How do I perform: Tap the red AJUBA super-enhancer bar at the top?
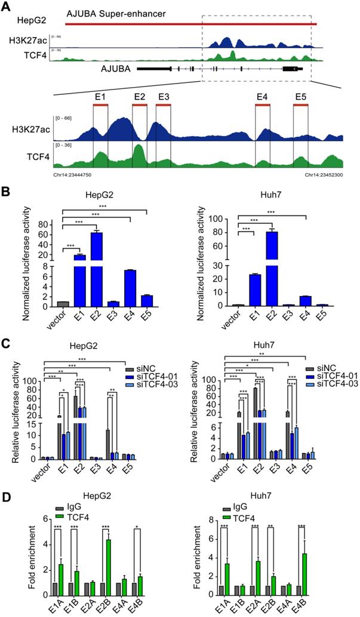click(x=191, y=24)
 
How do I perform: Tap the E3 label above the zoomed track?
click(x=163, y=96)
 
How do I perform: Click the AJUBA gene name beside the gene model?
click(x=114, y=69)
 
